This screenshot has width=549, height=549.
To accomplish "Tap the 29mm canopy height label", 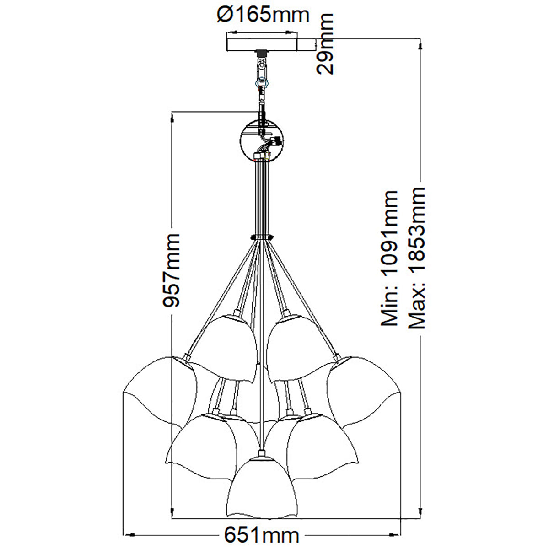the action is [325, 44].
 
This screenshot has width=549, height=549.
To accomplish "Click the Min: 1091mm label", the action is [389, 258].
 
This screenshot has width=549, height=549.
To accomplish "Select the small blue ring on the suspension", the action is [263, 83].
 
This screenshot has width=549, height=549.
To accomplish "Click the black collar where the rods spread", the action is [262, 237].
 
